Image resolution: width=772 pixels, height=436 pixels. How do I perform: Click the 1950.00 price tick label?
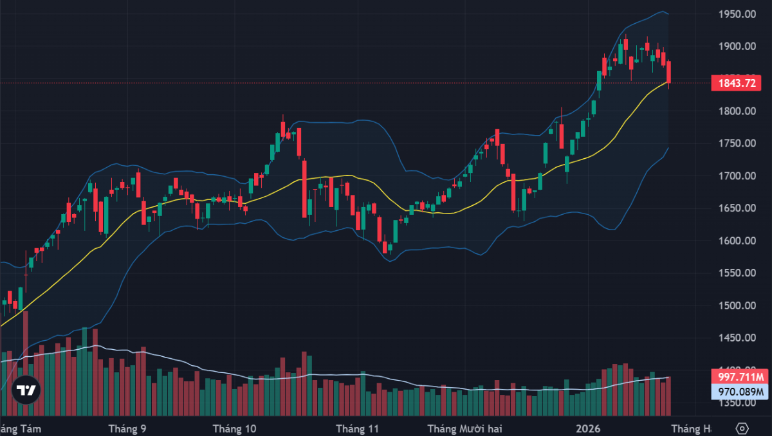coord(737,14)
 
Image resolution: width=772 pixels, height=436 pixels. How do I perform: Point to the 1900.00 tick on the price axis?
coord(737,46)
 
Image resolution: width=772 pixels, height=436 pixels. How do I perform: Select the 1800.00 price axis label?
coord(737,111)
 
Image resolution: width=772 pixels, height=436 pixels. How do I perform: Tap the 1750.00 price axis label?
coord(737,143)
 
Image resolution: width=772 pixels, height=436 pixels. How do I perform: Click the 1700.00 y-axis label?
coord(737,176)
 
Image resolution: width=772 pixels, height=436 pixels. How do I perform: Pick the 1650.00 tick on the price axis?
coord(737,208)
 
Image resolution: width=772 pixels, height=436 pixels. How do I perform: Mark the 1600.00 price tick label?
coord(737,241)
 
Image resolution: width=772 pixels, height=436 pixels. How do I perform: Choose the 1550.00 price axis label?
coord(737,273)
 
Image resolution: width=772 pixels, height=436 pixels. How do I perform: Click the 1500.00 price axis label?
coord(737,306)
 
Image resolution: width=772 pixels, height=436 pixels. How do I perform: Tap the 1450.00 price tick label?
coord(737,338)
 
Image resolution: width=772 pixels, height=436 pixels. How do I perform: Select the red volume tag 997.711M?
coord(740,377)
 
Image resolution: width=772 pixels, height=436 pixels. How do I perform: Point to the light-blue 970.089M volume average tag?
coord(740,391)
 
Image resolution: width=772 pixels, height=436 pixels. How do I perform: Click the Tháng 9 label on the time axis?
coord(127,428)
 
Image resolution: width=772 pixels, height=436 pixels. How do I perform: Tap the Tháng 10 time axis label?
coord(234,428)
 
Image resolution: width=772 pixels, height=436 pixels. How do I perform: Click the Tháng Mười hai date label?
coord(464,428)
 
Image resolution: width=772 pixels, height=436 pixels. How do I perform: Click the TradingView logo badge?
coord(26,390)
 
